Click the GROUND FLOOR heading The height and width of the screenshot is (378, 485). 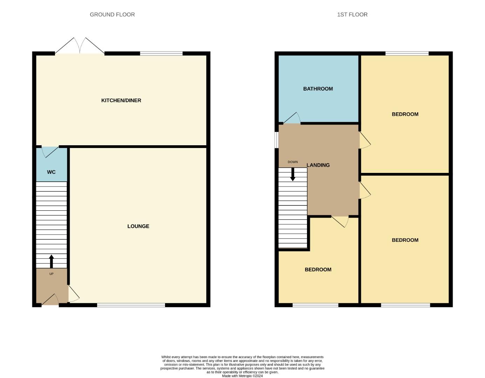pyautogui.click(x=112, y=15)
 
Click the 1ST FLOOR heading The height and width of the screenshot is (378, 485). pyautogui.click(x=352, y=15)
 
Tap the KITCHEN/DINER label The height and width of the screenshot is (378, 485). pyautogui.click(x=121, y=100)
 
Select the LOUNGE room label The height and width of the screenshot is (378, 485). pyautogui.click(x=138, y=226)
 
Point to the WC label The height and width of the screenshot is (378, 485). pyautogui.click(x=51, y=172)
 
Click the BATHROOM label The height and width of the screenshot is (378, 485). pyautogui.click(x=318, y=89)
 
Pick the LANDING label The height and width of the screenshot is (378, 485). pyautogui.click(x=318, y=165)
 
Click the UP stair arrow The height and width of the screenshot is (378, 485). pyautogui.click(x=52, y=261)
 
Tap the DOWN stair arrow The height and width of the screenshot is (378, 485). pyautogui.click(x=293, y=174)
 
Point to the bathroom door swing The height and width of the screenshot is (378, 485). pyautogui.click(x=292, y=118)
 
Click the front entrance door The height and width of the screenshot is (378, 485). pyautogui.click(x=50, y=300)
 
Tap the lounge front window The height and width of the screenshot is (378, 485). pyautogui.click(x=131, y=305)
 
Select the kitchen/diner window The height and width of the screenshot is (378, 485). pyautogui.click(x=161, y=54)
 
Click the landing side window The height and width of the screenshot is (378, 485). pyautogui.click(x=276, y=140)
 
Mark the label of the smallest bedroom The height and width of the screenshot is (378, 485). pyautogui.click(x=318, y=269)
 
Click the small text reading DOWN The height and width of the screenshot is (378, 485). pyautogui.click(x=293, y=162)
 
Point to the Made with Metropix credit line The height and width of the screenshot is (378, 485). pyautogui.click(x=242, y=376)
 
